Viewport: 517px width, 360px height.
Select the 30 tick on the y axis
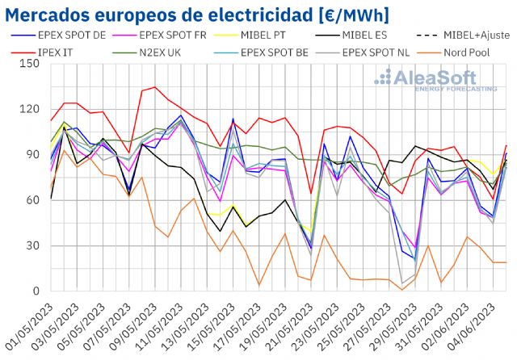pyautogui.click(x=34, y=245)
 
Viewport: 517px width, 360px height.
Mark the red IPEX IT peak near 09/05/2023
pyautogui.click(x=155, y=87)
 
